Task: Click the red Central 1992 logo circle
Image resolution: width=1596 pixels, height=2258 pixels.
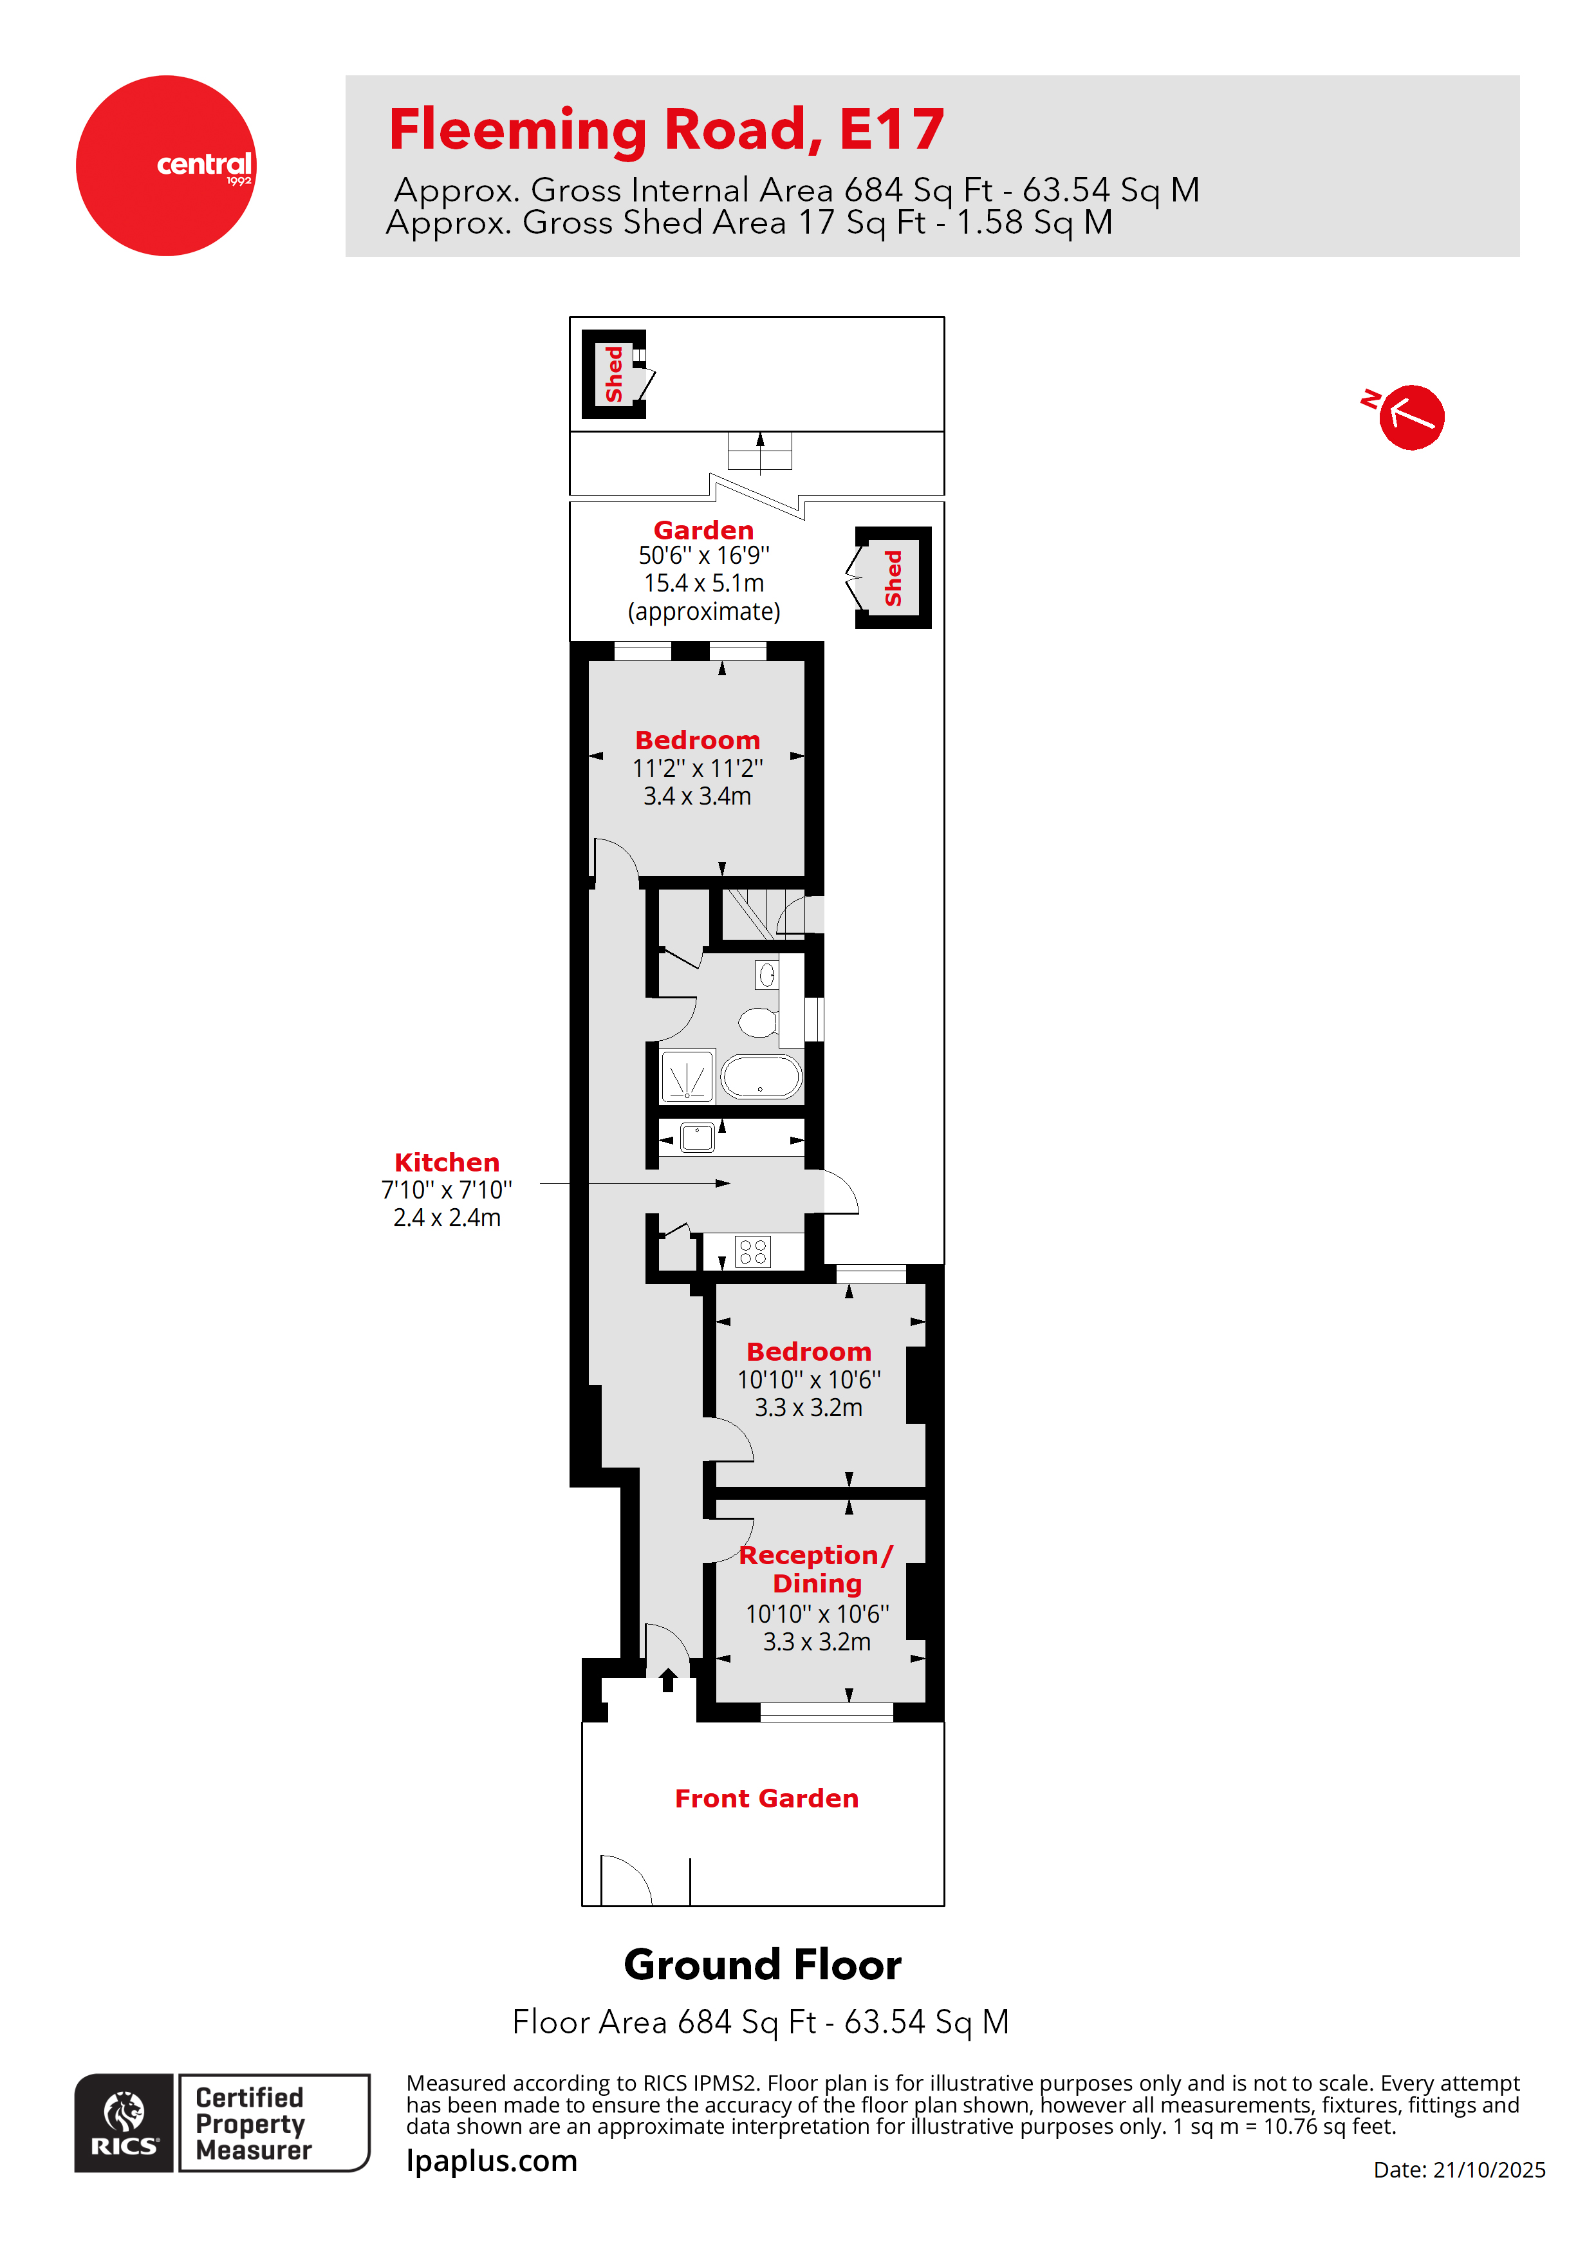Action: pos(166,165)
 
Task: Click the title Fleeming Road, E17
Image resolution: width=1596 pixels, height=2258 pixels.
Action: pos(667,130)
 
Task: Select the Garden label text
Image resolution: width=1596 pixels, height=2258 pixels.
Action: pos(703,530)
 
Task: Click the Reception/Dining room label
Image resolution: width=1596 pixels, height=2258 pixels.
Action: pos(816,1569)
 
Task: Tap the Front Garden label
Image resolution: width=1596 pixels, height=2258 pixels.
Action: pos(766,1798)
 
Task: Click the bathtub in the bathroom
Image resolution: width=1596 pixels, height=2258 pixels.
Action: pos(761,1077)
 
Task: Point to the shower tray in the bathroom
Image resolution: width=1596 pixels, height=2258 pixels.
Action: pos(687,1077)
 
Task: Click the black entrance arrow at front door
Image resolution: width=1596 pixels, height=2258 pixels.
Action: pos(668,1680)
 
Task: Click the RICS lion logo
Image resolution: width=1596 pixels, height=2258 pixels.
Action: pos(124,2123)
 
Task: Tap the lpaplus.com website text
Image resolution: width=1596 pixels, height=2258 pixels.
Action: pos(492,2161)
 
